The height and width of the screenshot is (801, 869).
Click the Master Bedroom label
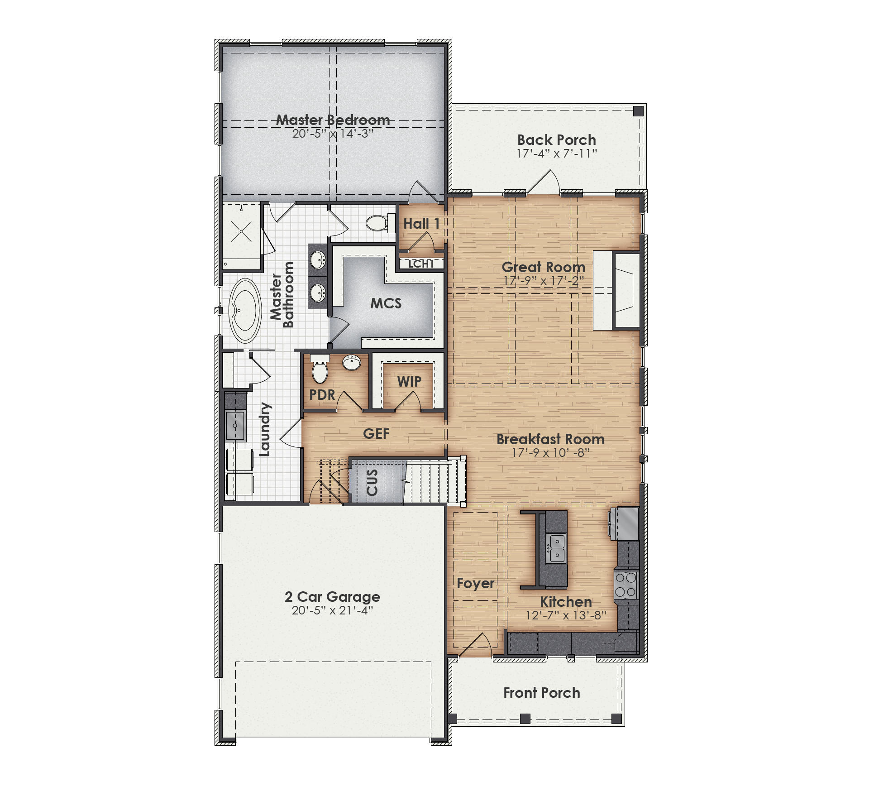click(x=333, y=120)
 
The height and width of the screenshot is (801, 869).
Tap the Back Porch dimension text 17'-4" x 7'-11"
click(x=557, y=153)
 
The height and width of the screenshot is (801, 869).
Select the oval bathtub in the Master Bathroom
click(x=245, y=310)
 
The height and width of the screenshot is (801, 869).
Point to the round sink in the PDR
click(x=351, y=362)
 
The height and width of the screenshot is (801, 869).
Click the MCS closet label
click(x=386, y=303)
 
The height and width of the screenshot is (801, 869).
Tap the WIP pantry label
click(x=409, y=382)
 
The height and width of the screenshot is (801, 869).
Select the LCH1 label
click(x=421, y=264)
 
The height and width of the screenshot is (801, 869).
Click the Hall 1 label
click(x=421, y=224)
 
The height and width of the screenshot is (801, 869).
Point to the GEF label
click(x=376, y=434)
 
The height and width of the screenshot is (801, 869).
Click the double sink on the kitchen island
click(x=556, y=548)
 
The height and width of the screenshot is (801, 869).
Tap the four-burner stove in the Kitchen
click(x=626, y=585)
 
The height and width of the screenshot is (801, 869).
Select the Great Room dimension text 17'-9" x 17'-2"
click(x=544, y=281)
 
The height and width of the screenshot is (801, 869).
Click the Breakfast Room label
click(x=550, y=439)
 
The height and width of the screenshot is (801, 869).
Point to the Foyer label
click(x=475, y=583)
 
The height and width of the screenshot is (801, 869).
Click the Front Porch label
click(x=541, y=693)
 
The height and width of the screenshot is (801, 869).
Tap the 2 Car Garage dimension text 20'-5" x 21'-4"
click(x=332, y=610)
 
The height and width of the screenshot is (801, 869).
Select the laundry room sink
click(x=235, y=426)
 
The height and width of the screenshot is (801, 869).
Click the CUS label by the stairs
click(x=372, y=482)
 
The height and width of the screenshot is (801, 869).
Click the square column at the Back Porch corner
click(x=638, y=111)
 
